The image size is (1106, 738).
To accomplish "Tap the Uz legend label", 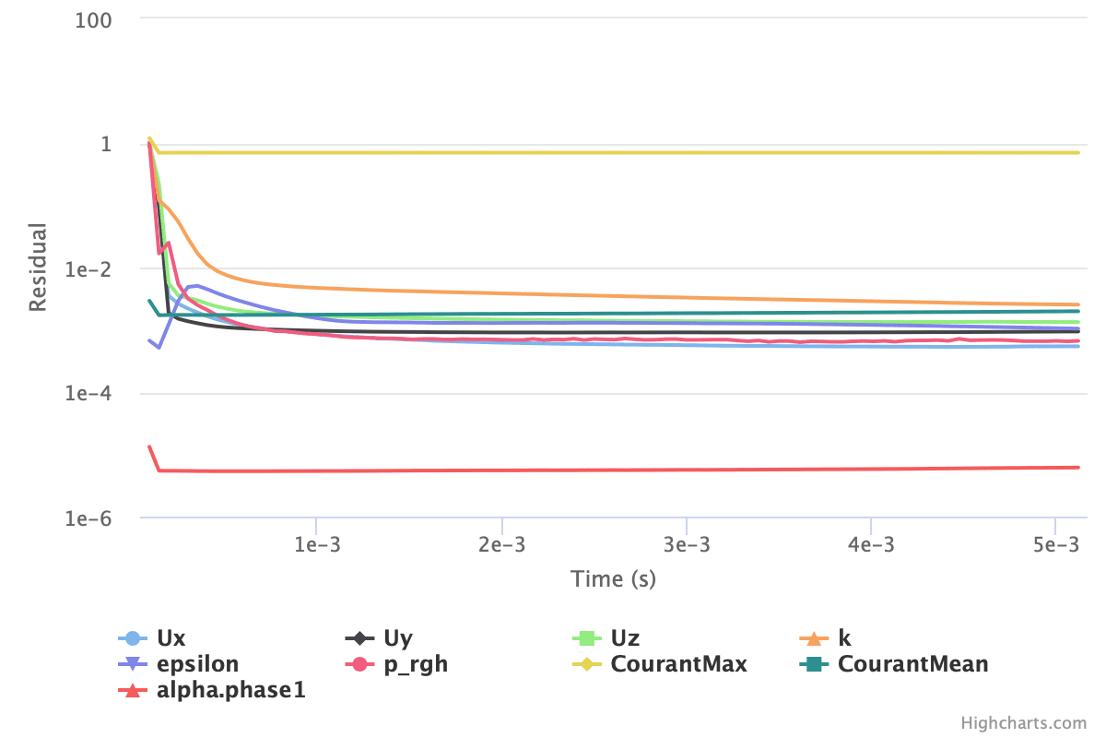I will tap(625, 638).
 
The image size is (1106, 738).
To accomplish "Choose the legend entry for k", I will tap(844, 638).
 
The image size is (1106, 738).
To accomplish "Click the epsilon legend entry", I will tap(197, 664).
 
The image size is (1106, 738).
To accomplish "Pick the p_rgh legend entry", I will tap(415, 664).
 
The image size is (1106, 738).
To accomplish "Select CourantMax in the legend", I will tap(678, 664).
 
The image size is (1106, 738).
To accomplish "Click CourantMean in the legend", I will tap(912, 664).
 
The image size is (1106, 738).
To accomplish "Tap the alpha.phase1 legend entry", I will tap(230, 690).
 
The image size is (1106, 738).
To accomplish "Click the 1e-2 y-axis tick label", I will tap(88, 269).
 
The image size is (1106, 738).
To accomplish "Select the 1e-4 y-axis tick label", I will tap(88, 394).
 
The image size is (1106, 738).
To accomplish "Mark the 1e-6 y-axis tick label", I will tap(88, 518).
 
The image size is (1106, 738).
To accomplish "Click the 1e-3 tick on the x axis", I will tap(316, 544).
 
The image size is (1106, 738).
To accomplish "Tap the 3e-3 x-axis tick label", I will tap(687, 544).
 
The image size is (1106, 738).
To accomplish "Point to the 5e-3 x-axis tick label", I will tap(1056, 544).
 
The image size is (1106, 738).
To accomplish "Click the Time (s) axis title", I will tap(613, 579).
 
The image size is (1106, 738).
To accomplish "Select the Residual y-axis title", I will tap(38, 268).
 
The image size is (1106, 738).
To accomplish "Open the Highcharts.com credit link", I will tap(1023, 723).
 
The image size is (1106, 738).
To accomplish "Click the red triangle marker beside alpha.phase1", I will tap(133, 690).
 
